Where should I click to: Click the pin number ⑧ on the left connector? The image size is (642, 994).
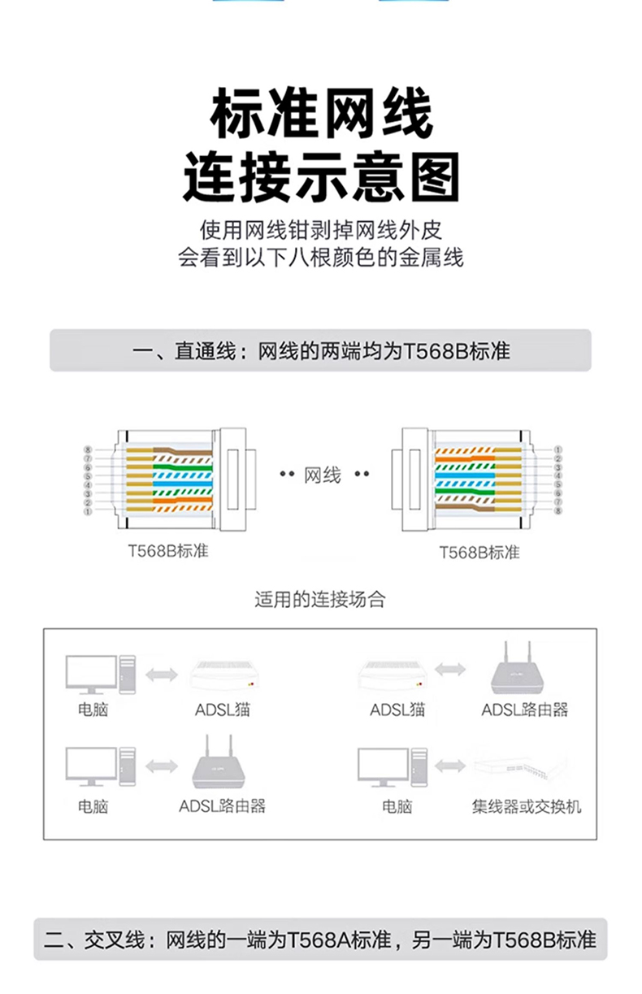point(87,449)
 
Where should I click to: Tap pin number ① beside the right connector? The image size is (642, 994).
point(557,449)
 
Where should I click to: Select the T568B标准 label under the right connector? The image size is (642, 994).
point(479,553)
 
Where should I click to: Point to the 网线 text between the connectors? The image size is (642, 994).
point(323,475)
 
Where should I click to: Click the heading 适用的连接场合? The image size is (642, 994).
point(320,600)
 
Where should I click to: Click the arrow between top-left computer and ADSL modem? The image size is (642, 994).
point(161,674)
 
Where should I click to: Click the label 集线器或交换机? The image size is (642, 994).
point(527,806)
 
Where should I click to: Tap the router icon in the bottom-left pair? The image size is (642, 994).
point(222,765)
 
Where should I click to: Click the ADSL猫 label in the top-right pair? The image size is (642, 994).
point(397,710)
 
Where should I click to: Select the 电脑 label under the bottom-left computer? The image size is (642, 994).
point(93,806)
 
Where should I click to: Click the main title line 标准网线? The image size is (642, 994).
point(321,115)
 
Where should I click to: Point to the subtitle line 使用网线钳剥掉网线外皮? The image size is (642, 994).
point(321,230)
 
